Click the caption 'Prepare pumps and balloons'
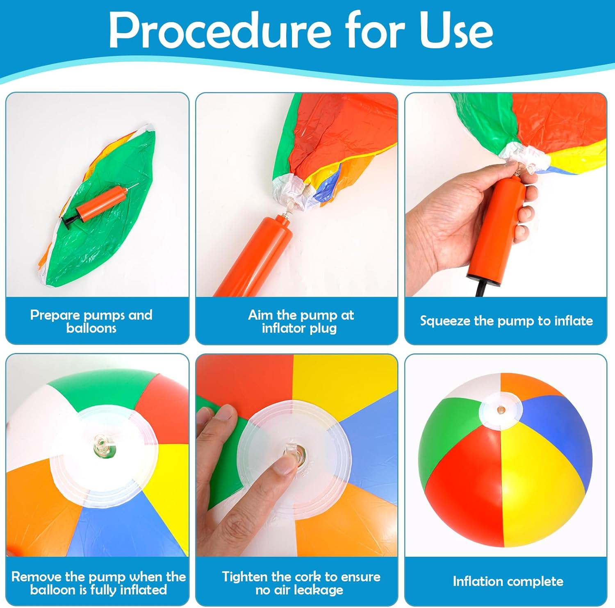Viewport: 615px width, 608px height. pyautogui.click(x=91, y=321)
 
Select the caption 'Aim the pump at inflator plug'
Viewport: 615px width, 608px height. pyautogui.click(x=301, y=321)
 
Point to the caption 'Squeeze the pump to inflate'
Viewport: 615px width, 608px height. pyautogui.click(x=506, y=321)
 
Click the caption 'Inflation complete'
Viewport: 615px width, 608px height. pyautogui.click(x=508, y=581)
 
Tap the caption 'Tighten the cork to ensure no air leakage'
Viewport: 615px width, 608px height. pyautogui.click(x=301, y=583)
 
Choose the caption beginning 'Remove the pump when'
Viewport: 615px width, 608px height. pyautogui.click(x=98, y=583)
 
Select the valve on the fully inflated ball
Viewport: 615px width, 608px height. pyautogui.click(x=500, y=410)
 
